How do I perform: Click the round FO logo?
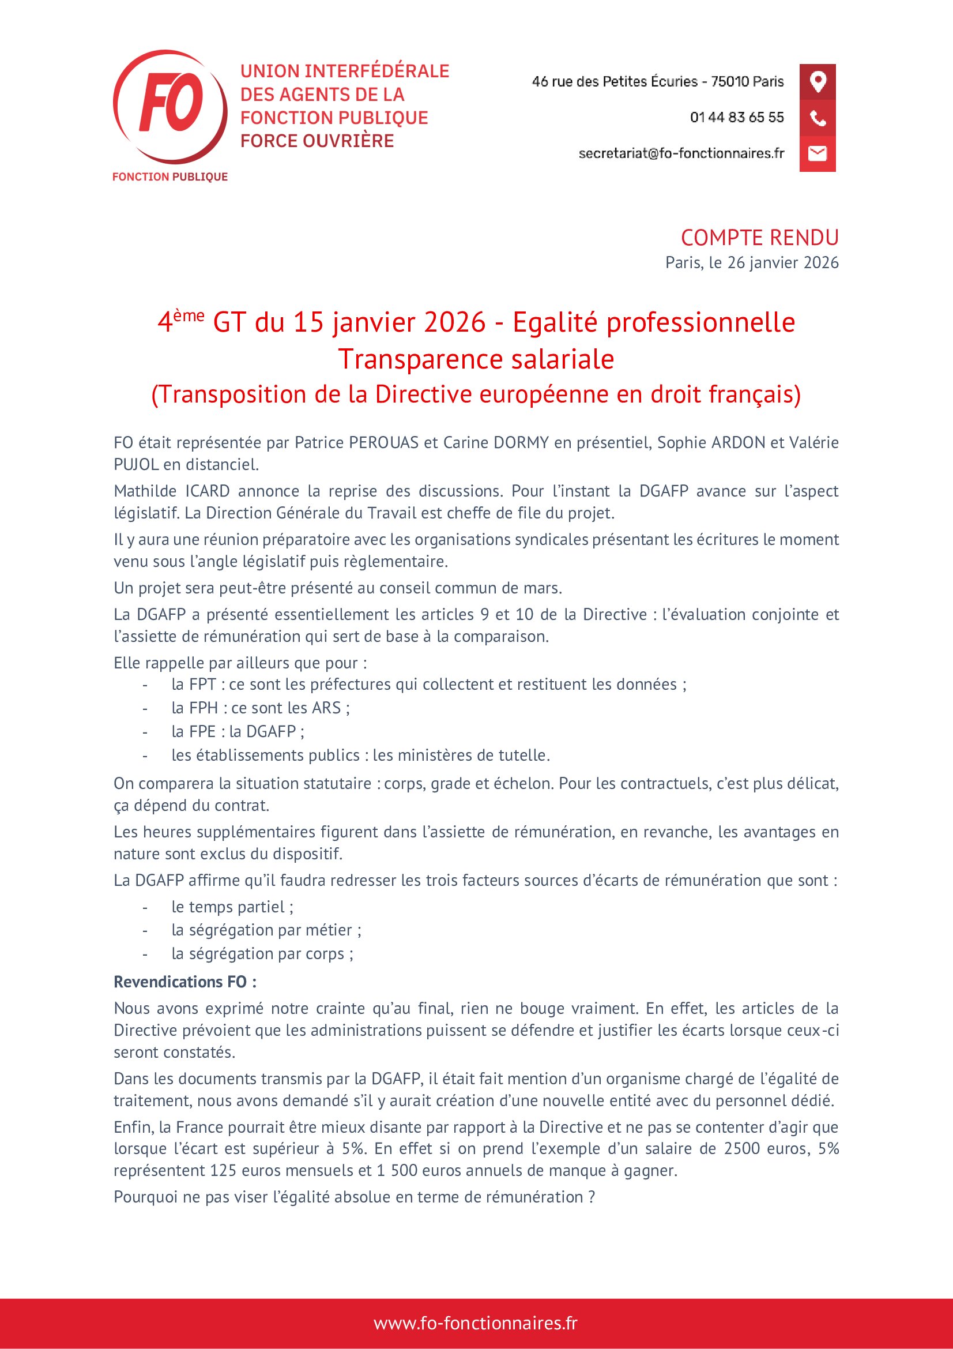[169, 106]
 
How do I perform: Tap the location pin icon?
[818, 81]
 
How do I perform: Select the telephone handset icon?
[818, 118]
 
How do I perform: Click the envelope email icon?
[818, 153]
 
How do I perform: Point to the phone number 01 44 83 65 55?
[736, 118]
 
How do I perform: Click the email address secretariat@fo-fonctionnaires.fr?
[681, 153]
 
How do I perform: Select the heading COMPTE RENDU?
[759, 238]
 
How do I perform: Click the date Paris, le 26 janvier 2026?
[752, 262]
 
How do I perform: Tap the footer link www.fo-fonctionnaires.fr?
[476, 1323]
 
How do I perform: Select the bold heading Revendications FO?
[185, 982]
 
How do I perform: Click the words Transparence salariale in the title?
[476, 359]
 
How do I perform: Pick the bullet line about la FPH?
[260, 708]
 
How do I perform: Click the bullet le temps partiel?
[232, 907]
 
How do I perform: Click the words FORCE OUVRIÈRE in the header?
[317, 141]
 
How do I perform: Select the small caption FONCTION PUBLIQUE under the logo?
[169, 177]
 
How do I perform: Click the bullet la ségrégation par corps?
[262, 953]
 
